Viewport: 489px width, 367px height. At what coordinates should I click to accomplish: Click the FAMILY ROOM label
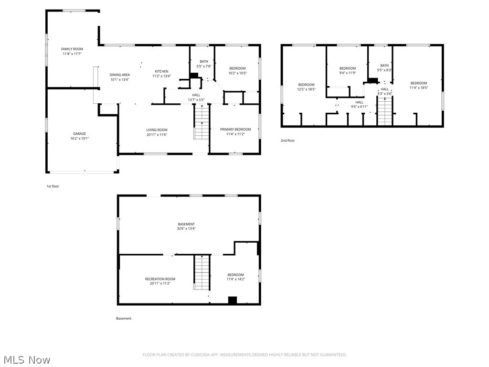pyautogui.click(x=72, y=49)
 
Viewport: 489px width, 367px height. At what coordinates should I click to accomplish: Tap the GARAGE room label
pyautogui.click(x=79, y=134)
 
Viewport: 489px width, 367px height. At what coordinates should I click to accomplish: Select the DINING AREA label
pyautogui.click(x=119, y=75)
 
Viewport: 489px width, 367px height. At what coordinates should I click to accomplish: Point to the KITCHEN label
pyautogui.click(x=161, y=71)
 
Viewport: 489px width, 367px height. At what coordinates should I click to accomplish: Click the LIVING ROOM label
pyautogui.click(x=157, y=130)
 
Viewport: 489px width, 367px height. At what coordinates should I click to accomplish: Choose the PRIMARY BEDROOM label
pyautogui.click(x=235, y=130)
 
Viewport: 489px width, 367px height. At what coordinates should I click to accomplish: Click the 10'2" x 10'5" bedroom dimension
pyautogui.click(x=237, y=73)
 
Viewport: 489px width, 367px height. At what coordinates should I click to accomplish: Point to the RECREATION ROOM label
pyautogui.click(x=160, y=279)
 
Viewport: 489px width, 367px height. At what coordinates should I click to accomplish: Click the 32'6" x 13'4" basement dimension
pyautogui.click(x=186, y=229)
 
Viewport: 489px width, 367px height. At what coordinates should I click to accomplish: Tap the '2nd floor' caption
pyautogui.click(x=287, y=140)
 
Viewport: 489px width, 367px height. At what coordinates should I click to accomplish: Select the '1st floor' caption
pyautogui.click(x=53, y=186)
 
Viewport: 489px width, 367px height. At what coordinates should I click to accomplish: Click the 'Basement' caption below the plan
pyautogui.click(x=123, y=318)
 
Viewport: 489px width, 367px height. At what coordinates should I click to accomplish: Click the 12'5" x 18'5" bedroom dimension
pyautogui.click(x=306, y=89)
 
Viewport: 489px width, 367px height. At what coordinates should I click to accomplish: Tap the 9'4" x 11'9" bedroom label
pyautogui.click(x=348, y=68)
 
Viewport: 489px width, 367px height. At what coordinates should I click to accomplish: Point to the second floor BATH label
pyautogui.click(x=384, y=65)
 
